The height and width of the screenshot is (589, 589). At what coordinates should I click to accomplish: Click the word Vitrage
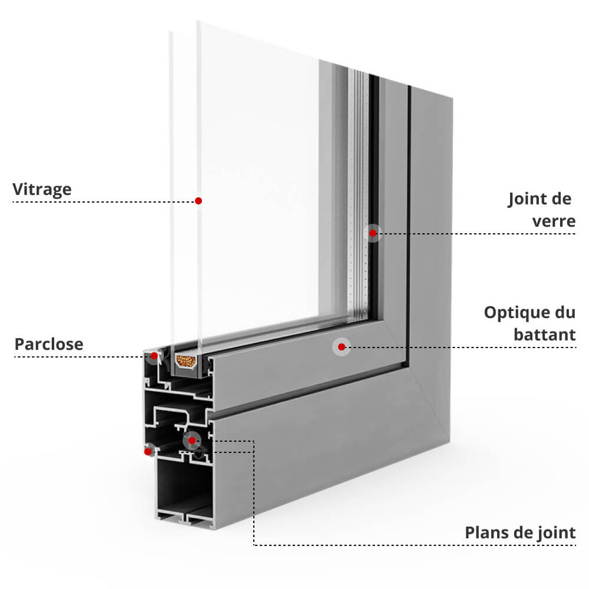(x=42, y=189)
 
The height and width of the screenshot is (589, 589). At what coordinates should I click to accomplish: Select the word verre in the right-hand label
(x=554, y=221)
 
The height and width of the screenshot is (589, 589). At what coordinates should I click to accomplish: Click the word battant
(x=544, y=335)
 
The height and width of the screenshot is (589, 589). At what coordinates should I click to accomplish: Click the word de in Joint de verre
(x=562, y=200)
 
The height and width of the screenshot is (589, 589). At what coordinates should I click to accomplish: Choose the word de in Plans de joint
(x=522, y=533)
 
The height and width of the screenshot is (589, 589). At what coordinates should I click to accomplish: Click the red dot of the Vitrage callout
(x=198, y=201)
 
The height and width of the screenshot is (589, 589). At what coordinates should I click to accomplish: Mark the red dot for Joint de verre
(x=373, y=234)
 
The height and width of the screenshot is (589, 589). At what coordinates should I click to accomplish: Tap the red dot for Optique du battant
(x=340, y=347)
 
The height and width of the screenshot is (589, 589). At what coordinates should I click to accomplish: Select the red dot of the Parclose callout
(x=154, y=356)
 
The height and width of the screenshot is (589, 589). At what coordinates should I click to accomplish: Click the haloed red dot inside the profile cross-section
(x=191, y=440)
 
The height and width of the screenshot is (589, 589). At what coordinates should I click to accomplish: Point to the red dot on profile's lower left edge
(x=148, y=452)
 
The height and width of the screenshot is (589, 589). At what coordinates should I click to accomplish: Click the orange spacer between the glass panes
(x=186, y=362)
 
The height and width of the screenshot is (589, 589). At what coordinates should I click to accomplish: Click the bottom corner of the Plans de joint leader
(x=254, y=545)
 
